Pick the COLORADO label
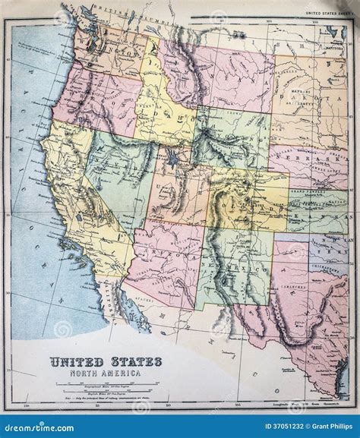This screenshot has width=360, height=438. coord(251,200)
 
